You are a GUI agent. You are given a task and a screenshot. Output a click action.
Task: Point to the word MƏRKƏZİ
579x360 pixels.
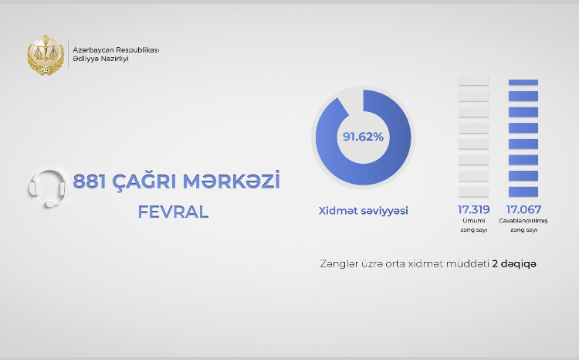click(235, 182)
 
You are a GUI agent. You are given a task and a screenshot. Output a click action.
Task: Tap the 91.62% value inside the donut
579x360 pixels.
click(363, 137)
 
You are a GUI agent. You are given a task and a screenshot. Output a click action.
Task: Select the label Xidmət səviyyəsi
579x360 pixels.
click(363, 210)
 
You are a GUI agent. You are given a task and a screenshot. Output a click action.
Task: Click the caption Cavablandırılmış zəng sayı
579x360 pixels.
click(523, 225)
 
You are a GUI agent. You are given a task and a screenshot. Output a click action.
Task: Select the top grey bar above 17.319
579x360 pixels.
click(473, 80)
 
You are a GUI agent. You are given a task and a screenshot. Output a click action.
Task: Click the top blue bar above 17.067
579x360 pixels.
click(523, 82)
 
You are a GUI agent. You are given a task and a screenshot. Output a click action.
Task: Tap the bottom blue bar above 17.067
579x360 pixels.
click(523, 191)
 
